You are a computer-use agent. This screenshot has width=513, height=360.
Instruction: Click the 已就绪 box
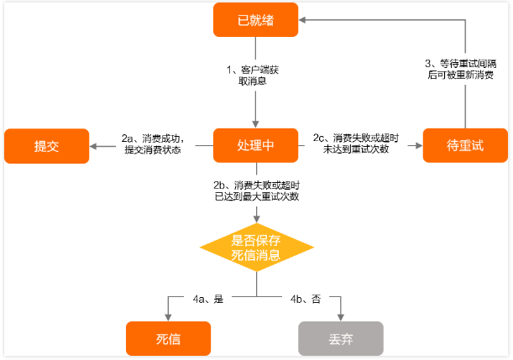(255, 19)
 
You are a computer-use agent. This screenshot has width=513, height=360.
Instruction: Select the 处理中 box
(255, 145)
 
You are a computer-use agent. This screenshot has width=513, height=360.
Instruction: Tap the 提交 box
(46, 146)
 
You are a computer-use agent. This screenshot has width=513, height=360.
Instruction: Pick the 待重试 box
(465, 145)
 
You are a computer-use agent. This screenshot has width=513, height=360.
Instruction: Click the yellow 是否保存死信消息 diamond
(257, 248)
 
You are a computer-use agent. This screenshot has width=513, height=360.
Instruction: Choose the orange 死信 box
(168, 338)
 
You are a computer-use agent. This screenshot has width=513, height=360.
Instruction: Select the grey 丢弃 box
(341, 338)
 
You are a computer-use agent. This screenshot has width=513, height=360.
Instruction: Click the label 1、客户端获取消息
(253, 76)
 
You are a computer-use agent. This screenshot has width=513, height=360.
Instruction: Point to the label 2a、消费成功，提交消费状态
(153, 143)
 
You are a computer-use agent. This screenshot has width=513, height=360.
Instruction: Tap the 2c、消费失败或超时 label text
(356, 138)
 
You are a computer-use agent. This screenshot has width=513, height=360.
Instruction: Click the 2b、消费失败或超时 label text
(257, 185)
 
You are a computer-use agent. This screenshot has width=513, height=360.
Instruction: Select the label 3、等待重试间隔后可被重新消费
(461, 69)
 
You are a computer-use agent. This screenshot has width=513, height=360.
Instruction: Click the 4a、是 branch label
(208, 299)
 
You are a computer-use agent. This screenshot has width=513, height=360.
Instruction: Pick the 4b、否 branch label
(306, 299)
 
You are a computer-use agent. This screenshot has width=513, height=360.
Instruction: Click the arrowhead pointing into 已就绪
(302, 20)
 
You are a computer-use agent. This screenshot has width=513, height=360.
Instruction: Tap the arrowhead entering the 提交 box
(93, 146)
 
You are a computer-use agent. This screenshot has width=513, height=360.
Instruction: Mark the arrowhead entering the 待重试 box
(419, 145)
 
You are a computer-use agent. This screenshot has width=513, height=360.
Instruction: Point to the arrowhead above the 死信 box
(168, 317)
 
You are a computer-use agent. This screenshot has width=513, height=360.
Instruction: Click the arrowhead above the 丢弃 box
(341, 317)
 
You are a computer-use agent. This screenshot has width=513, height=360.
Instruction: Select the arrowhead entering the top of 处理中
(255, 124)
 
